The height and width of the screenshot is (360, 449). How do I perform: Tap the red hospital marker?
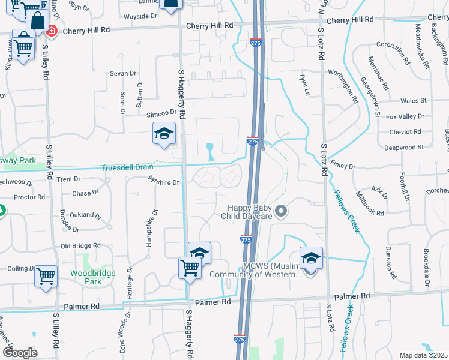click(52, 30)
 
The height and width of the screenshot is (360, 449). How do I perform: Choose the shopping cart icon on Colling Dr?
click(46, 277)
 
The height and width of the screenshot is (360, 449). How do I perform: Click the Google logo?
click(20, 353)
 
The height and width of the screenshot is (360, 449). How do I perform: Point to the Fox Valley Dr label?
click(405, 116)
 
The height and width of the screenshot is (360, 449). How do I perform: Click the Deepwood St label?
click(404, 147)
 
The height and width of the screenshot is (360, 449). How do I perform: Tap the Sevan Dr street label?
click(123, 73)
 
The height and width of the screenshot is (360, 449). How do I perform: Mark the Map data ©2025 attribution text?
click(423, 355)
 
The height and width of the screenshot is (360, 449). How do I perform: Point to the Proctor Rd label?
click(29, 197)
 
